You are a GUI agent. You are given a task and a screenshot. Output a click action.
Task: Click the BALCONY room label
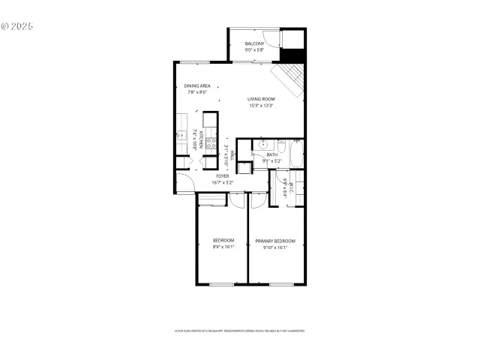pyautogui.click(x=254, y=43)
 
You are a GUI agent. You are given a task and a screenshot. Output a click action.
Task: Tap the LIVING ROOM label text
pyautogui.click(x=262, y=99)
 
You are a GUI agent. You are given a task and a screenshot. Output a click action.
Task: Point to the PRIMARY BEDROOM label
pyautogui.click(x=274, y=241)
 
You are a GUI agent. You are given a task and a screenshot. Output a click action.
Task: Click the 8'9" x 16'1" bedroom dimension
pyautogui.click(x=223, y=247)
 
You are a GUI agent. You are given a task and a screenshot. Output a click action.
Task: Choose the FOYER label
pyautogui.click(x=223, y=175)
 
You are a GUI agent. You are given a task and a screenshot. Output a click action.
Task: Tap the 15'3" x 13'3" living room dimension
pyautogui.click(x=262, y=106)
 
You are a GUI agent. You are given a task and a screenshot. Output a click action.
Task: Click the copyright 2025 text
pyautogui.click(x=17, y=25)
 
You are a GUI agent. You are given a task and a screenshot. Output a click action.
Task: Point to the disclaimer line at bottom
pyautogui.click(x=240, y=330)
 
